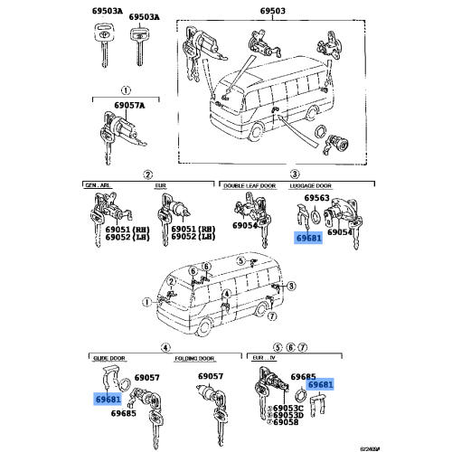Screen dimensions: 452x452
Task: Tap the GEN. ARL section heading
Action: click(x=97, y=184)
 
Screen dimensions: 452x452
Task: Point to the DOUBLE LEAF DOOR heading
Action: click(x=248, y=184)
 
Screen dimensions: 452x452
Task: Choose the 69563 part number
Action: click(x=317, y=198)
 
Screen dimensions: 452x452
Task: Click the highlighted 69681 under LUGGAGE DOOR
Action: click(x=308, y=238)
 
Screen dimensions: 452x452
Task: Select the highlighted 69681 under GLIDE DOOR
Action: click(x=108, y=399)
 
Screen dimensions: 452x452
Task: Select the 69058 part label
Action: click(x=286, y=423)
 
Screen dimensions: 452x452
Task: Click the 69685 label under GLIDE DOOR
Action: click(x=124, y=414)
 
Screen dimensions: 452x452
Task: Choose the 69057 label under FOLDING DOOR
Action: click(x=211, y=375)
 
